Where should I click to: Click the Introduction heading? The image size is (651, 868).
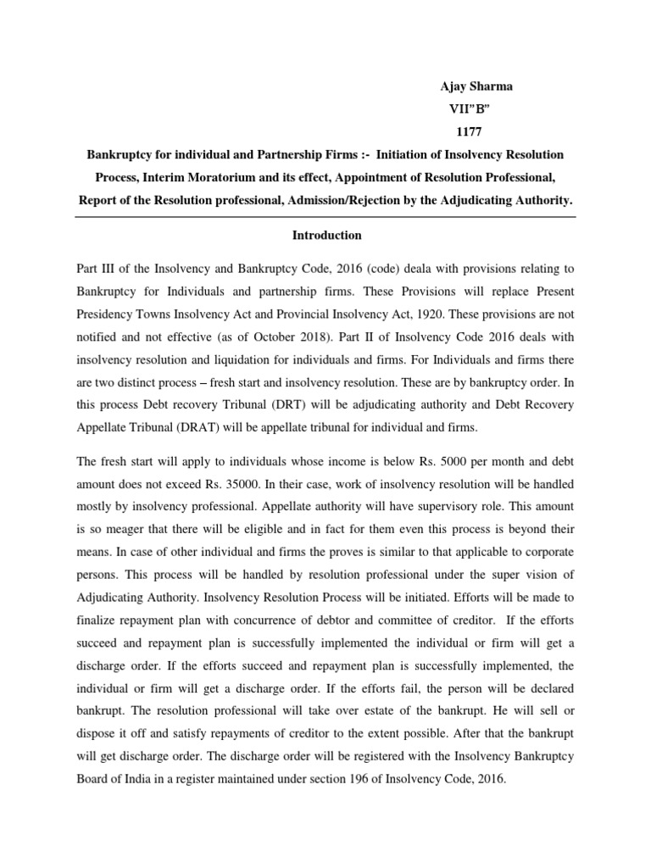(x=325, y=235)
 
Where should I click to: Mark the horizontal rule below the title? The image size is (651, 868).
(x=325, y=217)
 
